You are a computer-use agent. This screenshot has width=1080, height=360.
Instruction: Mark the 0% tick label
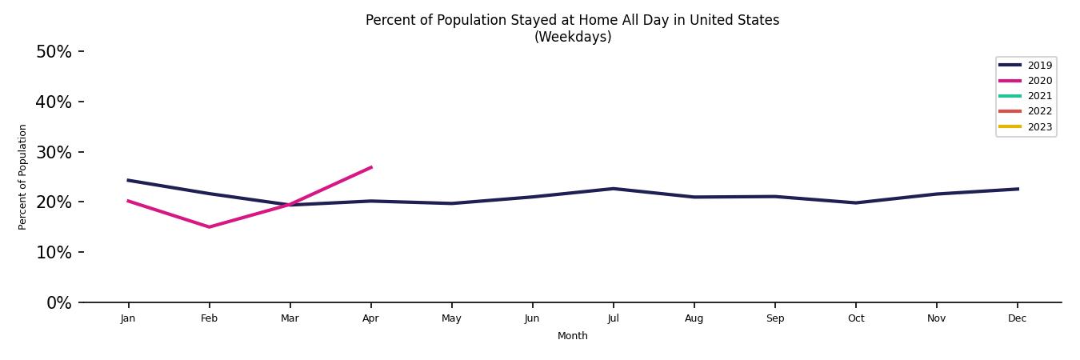58,302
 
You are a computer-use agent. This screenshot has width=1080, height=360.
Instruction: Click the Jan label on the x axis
128,318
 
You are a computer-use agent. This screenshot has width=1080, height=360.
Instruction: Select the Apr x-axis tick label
370,318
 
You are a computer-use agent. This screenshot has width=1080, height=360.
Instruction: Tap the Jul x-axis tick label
613,318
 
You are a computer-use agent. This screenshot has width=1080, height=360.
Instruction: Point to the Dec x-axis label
1017,318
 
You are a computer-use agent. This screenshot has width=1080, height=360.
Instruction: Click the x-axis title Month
573,336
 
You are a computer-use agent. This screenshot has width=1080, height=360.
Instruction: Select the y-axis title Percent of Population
23,177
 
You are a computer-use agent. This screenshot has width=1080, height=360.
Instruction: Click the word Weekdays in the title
573,37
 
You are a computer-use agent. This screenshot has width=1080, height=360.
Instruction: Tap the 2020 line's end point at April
371,167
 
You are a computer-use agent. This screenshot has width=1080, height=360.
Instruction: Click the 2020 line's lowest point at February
210,227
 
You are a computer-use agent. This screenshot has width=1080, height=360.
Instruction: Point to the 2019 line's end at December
1018,189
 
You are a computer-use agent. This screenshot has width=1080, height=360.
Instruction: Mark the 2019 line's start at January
128,180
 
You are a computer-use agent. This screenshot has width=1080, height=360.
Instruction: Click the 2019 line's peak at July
613,189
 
